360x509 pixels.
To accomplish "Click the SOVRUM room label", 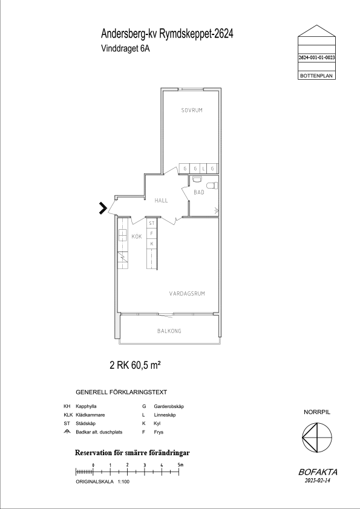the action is (192, 111).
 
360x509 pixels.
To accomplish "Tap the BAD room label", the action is (199, 192).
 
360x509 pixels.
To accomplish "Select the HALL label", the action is (161, 201).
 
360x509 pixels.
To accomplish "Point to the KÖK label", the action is (137, 236).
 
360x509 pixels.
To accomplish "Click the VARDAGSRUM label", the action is (187, 294).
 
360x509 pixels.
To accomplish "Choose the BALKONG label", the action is (169, 331).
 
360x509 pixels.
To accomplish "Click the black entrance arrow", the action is (103, 208).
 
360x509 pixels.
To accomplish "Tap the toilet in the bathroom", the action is (212, 186).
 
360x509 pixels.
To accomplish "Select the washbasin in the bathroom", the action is (197, 179).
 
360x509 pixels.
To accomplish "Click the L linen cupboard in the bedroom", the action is (204, 169).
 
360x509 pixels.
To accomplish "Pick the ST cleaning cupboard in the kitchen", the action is (151, 223).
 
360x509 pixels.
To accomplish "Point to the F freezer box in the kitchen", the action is (151, 233).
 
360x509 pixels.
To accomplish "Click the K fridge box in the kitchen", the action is (151, 244).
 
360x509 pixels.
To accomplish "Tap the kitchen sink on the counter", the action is (123, 235).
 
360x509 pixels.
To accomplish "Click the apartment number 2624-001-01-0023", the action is (317, 57).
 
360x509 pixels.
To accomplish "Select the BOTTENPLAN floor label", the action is (316, 76).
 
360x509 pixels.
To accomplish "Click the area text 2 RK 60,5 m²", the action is (136, 365).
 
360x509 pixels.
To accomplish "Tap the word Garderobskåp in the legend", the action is (169, 406).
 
